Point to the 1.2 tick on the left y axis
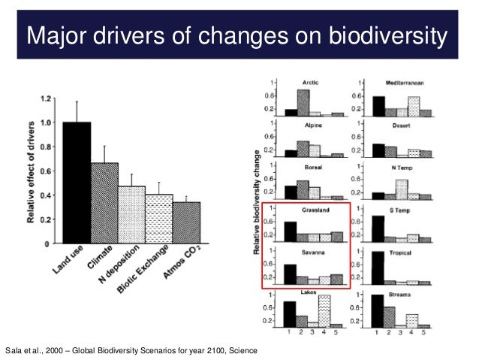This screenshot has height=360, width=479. tap(46, 98)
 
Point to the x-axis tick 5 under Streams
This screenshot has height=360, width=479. tap(426, 332)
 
